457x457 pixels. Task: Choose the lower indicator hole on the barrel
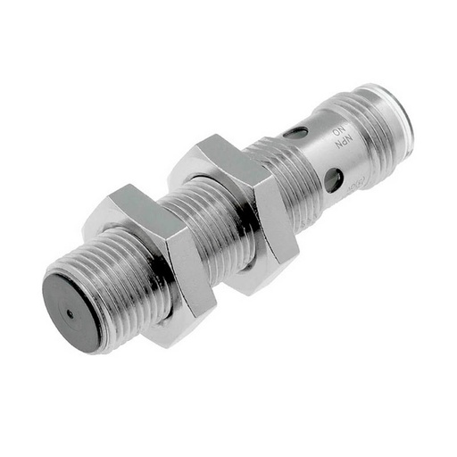click(x=332, y=181)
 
